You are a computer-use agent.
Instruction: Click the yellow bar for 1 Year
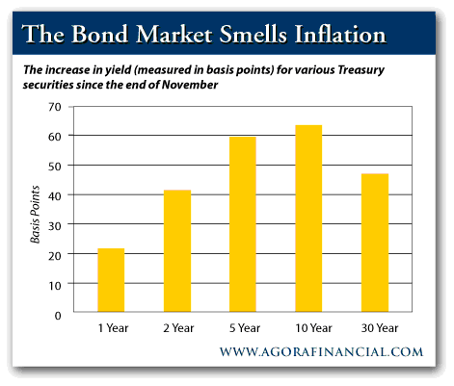111,280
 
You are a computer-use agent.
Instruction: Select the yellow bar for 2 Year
177,250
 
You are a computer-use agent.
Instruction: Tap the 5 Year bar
243,224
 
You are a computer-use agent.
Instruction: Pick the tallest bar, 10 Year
308,219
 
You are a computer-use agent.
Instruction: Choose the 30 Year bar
375,243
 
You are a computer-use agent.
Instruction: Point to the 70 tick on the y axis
55,107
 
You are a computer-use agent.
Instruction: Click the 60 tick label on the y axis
55,137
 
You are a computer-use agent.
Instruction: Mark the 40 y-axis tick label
55,195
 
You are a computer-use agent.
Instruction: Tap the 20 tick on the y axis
55,255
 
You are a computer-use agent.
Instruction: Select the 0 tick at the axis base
58,316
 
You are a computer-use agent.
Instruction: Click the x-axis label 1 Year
113,328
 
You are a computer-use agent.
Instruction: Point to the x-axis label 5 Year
245,328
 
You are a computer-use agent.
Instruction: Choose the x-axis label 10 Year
313,328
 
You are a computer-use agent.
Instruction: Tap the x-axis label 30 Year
380,328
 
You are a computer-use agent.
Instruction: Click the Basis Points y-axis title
35,215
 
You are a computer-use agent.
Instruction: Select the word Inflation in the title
339,34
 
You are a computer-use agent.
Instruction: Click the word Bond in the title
99,34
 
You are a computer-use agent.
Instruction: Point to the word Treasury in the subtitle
361,70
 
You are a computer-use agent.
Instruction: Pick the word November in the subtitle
190,85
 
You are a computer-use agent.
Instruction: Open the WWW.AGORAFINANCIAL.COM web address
321,352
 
